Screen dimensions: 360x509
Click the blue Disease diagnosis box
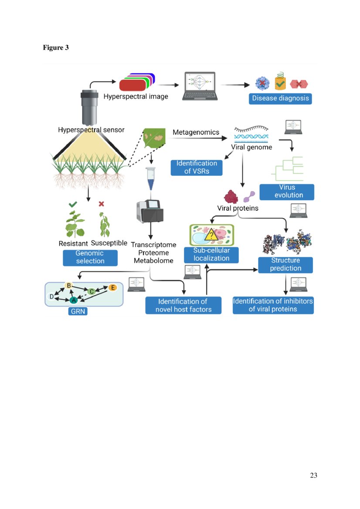point(280,98)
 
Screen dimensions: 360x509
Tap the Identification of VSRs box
point(197,168)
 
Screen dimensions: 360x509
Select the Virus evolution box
point(287,192)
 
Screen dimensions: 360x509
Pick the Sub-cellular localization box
point(211,255)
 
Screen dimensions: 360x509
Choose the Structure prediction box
point(285,265)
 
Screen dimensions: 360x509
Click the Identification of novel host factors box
point(183,306)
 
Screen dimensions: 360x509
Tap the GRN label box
point(78,312)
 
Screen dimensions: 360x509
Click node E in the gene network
point(113,288)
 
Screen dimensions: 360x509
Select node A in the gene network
point(74,300)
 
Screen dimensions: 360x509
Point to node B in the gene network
point(68,286)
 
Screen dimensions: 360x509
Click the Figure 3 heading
point(56,47)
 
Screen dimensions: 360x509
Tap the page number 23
point(313,475)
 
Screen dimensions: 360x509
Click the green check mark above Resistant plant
point(73,204)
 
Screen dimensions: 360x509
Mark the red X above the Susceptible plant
point(102,204)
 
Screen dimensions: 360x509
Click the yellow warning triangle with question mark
point(211,234)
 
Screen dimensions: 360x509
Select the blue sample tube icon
point(150,179)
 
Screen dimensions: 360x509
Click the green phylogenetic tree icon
point(288,169)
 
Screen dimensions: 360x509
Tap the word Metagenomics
point(196,132)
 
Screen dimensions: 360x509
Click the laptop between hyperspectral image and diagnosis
point(200,86)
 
